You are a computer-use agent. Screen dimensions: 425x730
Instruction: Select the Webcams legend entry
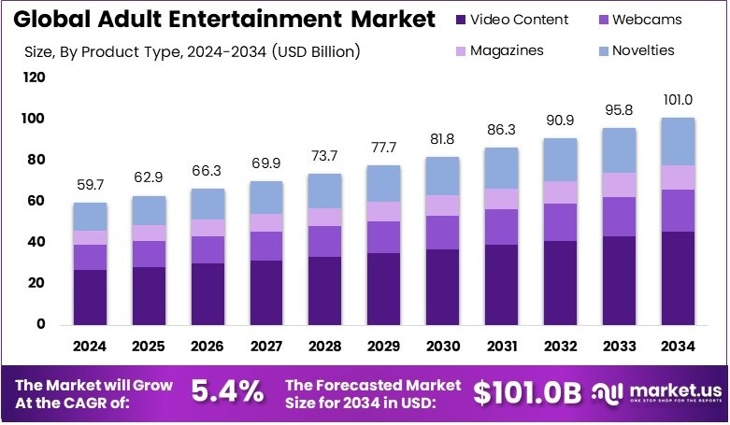point(646,19)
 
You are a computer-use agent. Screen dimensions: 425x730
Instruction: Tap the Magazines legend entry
point(514,50)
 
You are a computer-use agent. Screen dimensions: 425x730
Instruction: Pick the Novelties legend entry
point(646,50)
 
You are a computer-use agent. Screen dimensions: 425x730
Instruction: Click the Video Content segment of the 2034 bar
point(678,278)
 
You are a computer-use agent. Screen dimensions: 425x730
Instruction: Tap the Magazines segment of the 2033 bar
point(618,185)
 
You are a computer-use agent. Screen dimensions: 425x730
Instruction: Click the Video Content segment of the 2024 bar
point(90,297)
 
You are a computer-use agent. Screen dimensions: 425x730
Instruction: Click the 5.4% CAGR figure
point(226,392)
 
